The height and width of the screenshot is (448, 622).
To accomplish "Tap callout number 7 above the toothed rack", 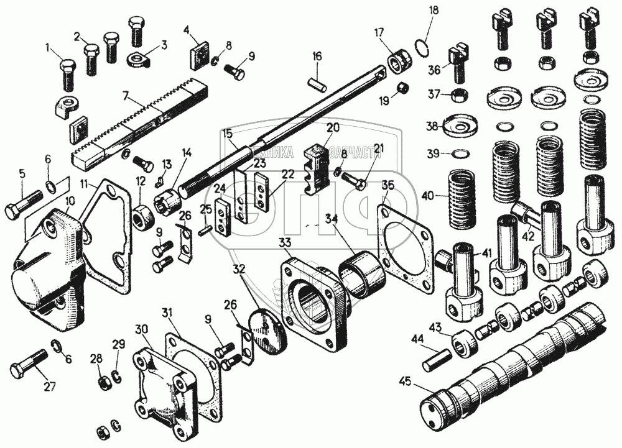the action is tap(126, 96).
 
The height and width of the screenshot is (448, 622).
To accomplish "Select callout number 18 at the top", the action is tap(434, 11).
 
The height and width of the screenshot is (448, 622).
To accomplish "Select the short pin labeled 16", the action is tap(317, 80).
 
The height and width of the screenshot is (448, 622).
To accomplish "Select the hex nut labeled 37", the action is tap(458, 95).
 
